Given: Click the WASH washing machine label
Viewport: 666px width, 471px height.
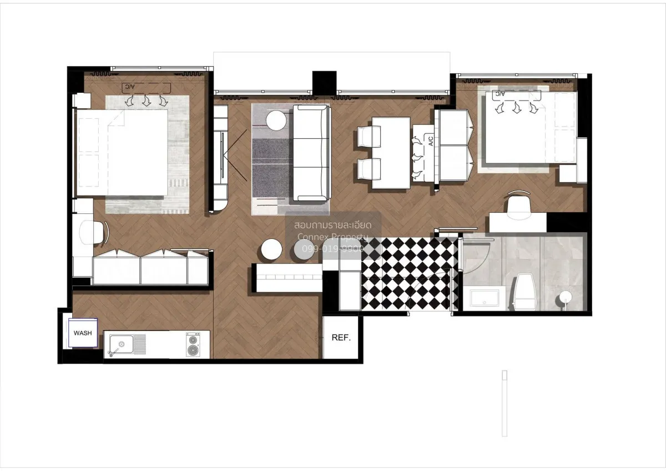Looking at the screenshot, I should click(83, 333).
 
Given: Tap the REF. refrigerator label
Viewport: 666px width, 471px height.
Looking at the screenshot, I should click(341, 338).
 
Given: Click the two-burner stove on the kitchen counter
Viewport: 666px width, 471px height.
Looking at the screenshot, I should click(193, 344).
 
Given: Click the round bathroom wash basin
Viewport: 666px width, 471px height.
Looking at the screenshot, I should click(564, 298).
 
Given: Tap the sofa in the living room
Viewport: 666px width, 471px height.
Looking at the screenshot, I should click(311, 153).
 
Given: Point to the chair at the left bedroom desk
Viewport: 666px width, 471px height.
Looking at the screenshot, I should click(93, 232).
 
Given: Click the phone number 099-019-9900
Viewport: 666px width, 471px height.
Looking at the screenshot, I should click(332, 249).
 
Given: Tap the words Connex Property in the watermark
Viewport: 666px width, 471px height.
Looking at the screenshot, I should click(332, 238).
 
